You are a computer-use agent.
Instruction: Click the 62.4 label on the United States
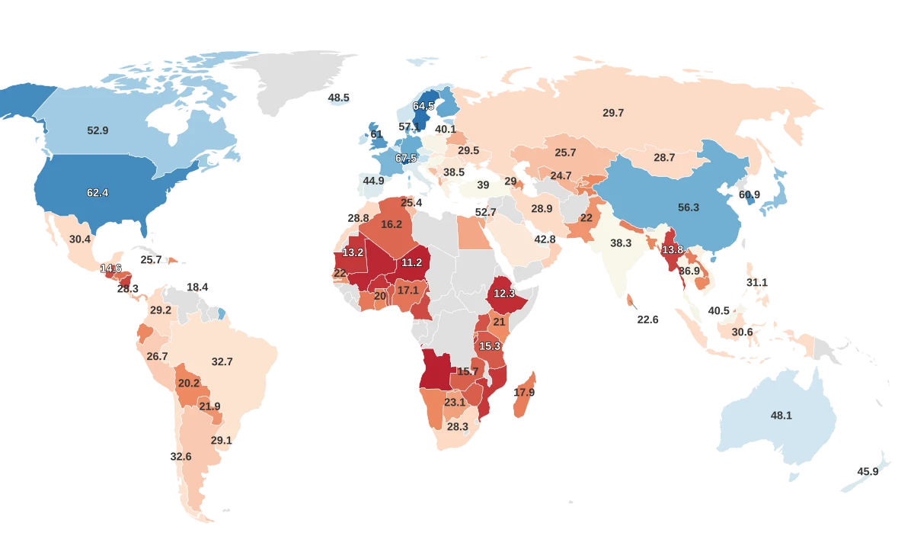tap(97, 193)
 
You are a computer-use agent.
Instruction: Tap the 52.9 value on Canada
tap(97, 130)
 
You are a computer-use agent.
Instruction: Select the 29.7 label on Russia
tap(613, 113)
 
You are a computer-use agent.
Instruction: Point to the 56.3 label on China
tap(688, 207)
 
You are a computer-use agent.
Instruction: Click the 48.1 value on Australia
tap(781, 416)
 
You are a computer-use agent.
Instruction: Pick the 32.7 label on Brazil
tap(222, 361)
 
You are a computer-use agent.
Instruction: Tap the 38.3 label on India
tap(621, 242)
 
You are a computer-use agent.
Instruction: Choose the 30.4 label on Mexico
tap(80, 239)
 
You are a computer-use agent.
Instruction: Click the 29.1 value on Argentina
tap(222, 440)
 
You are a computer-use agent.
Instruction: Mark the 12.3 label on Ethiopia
tap(504, 293)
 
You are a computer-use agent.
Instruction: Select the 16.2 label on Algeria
tap(391, 224)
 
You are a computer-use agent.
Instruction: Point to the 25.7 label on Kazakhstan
tap(565, 152)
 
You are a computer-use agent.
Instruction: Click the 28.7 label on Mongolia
tap(664, 157)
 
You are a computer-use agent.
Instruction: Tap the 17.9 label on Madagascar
tap(524, 392)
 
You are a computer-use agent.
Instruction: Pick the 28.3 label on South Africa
tap(458, 426)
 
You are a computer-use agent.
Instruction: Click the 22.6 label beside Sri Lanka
tap(647, 319)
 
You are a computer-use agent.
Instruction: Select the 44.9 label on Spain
tap(373, 181)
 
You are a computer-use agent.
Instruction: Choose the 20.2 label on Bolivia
tap(188, 383)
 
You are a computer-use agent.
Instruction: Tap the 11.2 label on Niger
tap(411, 262)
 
